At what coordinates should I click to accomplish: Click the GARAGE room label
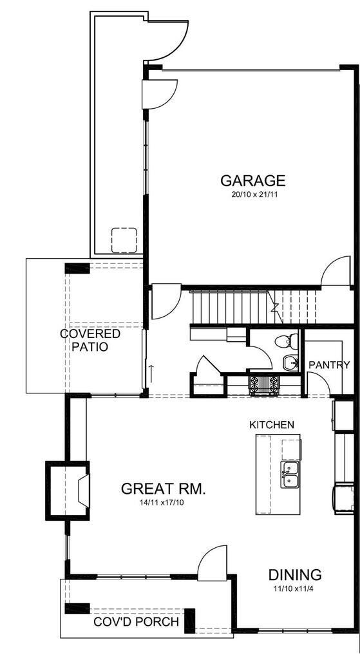[x=252, y=180]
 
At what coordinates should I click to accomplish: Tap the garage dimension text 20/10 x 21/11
[x=252, y=194]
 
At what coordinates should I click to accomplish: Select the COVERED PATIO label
[x=90, y=340]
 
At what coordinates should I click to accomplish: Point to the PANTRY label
[x=329, y=364]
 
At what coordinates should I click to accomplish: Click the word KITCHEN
[x=272, y=425]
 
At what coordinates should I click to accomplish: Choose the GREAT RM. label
[x=164, y=489]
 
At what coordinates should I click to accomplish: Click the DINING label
[x=295, y=575]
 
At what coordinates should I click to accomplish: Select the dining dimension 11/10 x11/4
[x=295, y=588]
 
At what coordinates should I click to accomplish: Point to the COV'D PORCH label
[x=136, y=623]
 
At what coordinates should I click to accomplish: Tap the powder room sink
[x=290, y=362]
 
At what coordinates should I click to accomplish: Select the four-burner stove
[x=265, y=384]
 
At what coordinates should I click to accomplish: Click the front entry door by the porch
[x=213, y=561]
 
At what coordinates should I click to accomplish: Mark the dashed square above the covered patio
[x=124, y=240]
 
